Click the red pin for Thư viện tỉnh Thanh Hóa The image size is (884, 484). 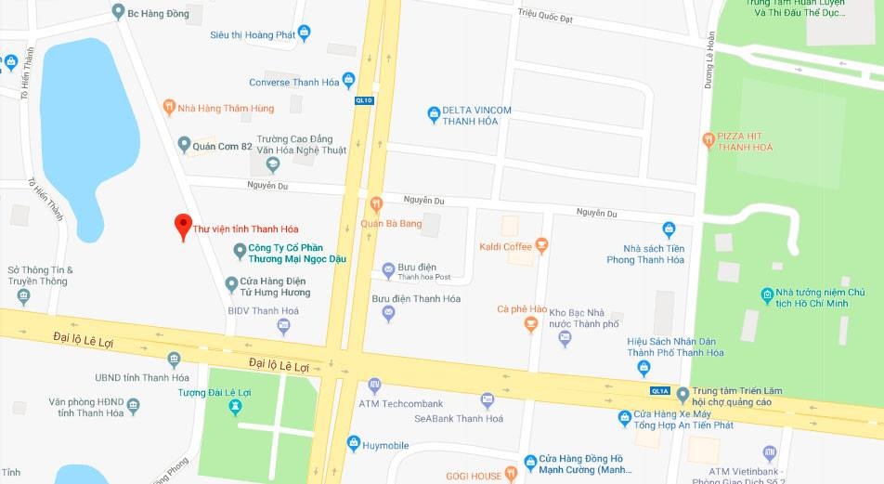[183, 226]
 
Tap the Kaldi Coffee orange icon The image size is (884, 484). [541, 246]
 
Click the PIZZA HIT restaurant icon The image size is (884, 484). [708, 140]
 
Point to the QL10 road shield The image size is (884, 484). [364, 100]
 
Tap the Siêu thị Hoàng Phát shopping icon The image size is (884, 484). [304, 34]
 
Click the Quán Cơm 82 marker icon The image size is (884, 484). [185, 145]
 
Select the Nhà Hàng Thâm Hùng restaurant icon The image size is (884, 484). [169, 108]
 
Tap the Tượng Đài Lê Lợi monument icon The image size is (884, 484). [236, 407]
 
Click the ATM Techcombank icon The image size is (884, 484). [374, 385]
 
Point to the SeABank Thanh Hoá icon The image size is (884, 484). [487, 401]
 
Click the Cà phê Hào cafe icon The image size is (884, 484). [531, 324]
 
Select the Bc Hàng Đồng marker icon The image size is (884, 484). [118, 12]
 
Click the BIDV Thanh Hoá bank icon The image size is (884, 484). [284, 325]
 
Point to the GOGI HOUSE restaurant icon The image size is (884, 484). [510, 476]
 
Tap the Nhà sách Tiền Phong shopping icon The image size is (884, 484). [669, 229]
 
